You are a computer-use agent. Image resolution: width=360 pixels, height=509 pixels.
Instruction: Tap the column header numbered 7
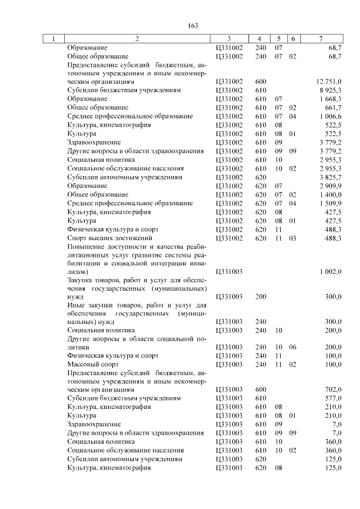[320, 39]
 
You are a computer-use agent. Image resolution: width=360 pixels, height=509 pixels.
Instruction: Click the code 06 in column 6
[292, 347]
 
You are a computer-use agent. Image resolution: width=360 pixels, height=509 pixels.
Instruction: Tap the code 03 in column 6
[292, 238]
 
